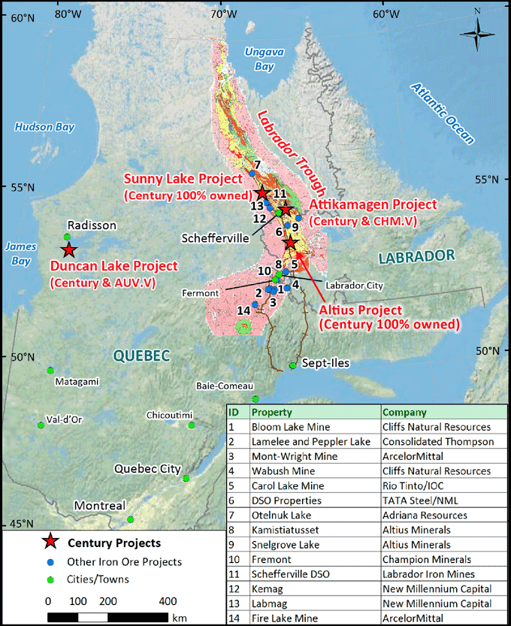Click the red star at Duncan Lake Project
[68, 250]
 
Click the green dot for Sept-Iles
[292, 366]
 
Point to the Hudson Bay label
[44, 127]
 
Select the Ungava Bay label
[259, 59]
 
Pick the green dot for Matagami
[50, 370]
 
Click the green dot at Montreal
[131, 519]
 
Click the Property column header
[271, 413]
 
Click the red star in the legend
[50, 542]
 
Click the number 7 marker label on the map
[257, 165]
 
